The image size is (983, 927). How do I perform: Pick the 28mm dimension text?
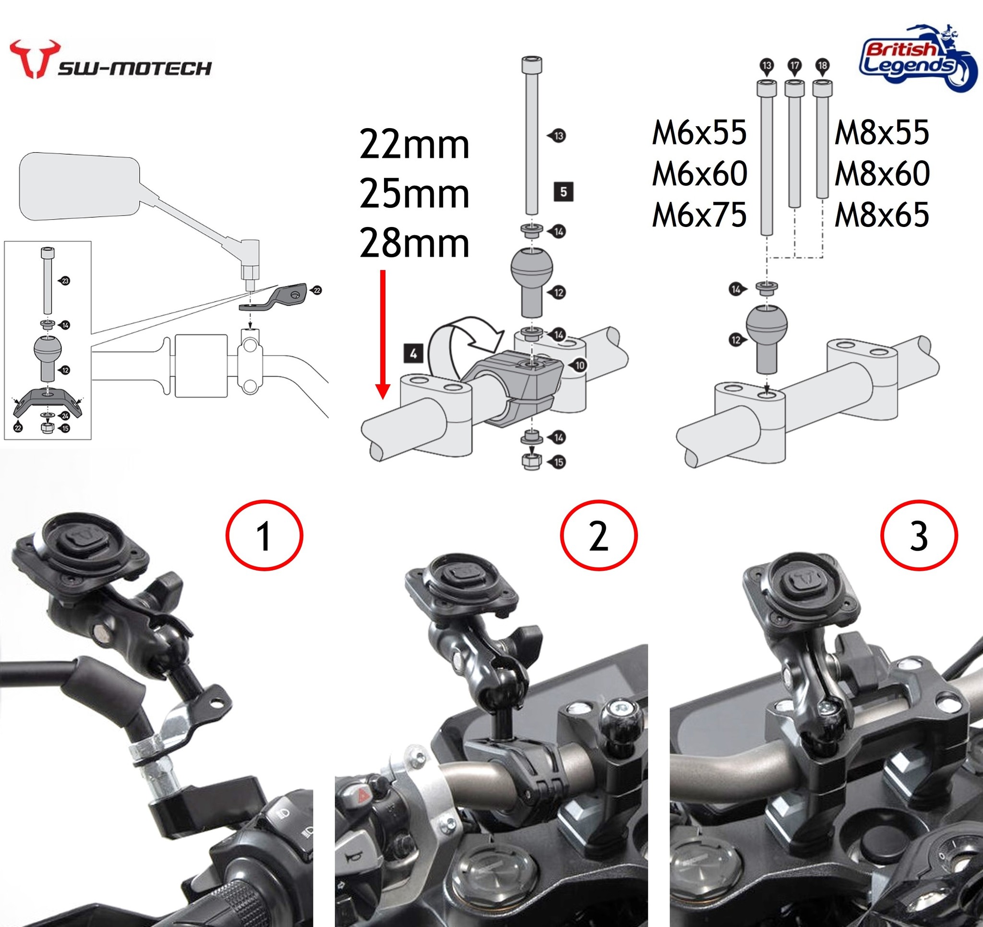(414, 244)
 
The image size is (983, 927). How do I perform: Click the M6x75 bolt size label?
(699, 215)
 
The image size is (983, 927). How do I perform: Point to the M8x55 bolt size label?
(882, 133)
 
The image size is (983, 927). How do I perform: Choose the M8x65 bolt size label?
(882, 215)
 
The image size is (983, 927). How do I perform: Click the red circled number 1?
(264, 535)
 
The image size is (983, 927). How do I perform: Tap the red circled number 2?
(599, 535)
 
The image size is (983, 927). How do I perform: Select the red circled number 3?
(919, 535)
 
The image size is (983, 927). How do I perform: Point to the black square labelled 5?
(563, 191)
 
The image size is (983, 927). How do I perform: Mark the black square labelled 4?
(413, 354)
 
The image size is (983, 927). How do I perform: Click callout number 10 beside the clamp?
(579, 365)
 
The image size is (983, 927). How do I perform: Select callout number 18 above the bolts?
(822, 66)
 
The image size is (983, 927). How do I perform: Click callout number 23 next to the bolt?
(65, 281)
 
